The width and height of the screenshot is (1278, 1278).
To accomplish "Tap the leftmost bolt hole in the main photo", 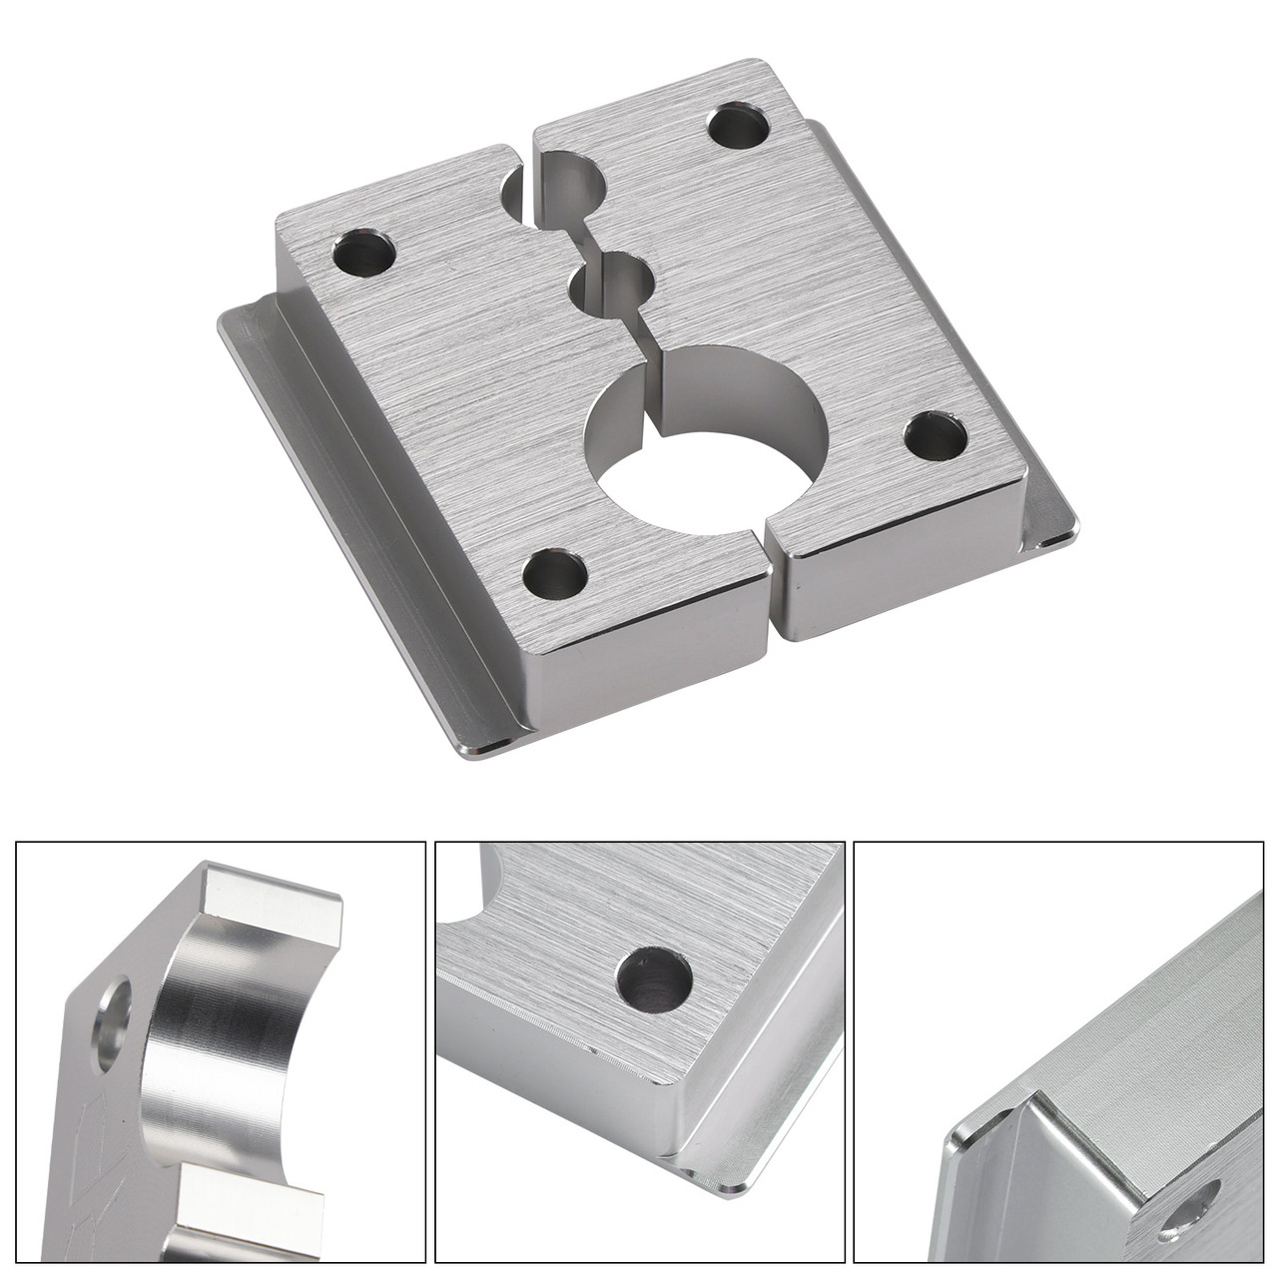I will [x=364, y=254].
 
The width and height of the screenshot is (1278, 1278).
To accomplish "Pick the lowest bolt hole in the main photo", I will [x=554, y=574].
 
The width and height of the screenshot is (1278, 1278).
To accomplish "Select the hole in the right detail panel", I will [x=1198, y=1203].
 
